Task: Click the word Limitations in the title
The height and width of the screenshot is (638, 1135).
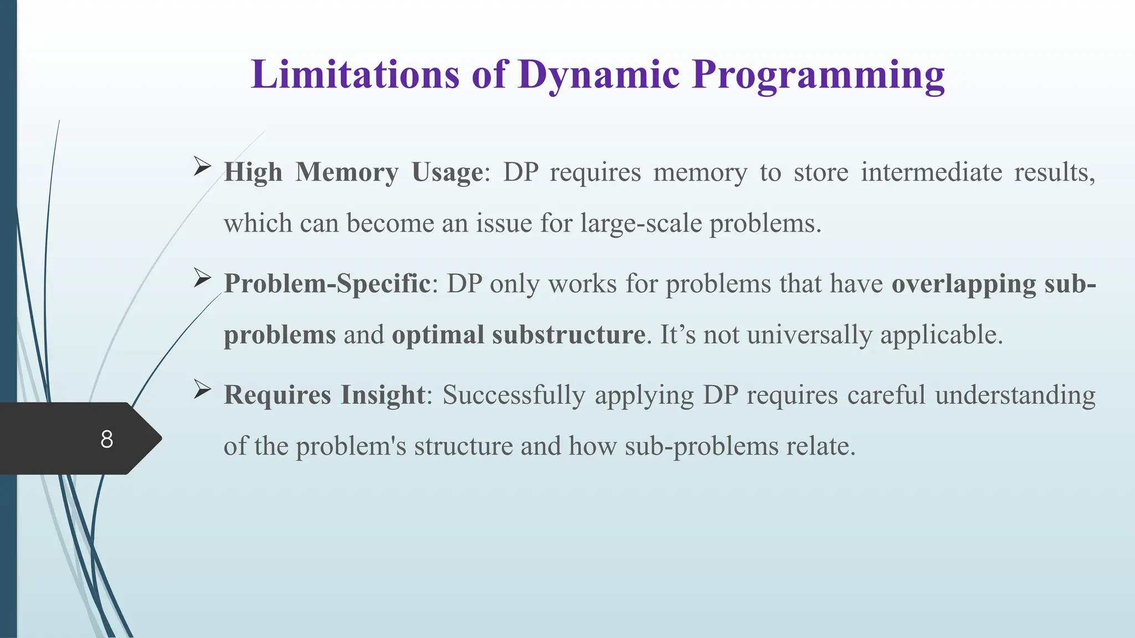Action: [x=355, y=74]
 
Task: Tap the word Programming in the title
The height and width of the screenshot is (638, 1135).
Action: [x=818, y=74]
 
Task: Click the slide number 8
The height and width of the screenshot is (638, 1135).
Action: [x=106, y=439]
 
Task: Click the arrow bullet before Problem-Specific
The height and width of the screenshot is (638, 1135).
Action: [x=202, y=278]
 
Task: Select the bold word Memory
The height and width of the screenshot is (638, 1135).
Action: [x=347, y=172]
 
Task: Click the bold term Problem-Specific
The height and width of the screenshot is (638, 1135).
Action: [x=327, y=284]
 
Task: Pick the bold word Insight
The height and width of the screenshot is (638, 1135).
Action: [x=382, y=395]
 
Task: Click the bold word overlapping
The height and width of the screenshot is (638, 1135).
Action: [x=964, y=284]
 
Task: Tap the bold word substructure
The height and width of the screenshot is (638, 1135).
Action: [x=569, y=335]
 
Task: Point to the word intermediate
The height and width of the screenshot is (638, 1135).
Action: [x=931, y=172]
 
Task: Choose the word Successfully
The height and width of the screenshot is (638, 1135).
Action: [x=514, y=395]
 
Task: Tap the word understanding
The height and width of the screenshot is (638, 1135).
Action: [x=1015, y=395]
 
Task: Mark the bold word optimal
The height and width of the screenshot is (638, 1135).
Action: [x=438, y=335]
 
